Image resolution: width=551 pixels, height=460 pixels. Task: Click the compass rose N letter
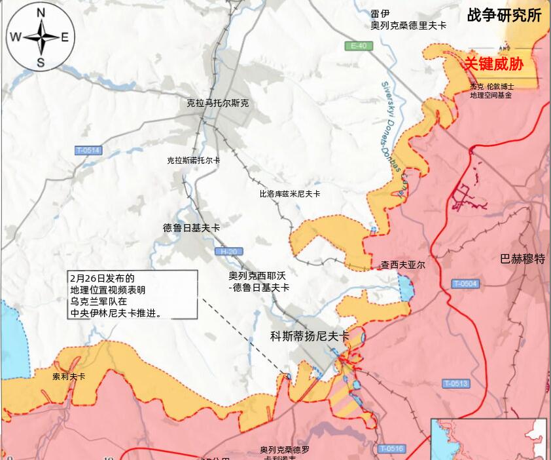41,13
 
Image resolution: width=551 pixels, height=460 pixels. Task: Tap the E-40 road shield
359,46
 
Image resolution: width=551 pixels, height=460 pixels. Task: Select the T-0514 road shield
88,151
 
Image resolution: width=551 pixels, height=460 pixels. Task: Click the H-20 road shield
228,252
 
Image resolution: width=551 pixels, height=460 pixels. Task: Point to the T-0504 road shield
465,284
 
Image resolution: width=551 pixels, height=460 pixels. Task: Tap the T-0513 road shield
455,383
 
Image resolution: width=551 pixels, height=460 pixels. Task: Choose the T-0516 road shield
391,449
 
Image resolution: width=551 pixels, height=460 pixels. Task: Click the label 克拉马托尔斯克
218,104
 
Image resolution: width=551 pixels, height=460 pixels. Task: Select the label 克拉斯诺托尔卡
193,161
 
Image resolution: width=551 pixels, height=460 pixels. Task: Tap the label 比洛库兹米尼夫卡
290,194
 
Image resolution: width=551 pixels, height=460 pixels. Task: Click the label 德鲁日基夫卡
191,228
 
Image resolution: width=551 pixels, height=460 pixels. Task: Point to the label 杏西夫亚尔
403,265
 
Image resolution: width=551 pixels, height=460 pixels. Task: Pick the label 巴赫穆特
522,259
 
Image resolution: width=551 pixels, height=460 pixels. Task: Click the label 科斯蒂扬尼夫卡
310,336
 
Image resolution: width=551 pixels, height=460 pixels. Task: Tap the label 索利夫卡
69,377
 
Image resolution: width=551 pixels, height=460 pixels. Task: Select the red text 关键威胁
494,64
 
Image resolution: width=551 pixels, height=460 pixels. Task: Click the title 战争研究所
504,16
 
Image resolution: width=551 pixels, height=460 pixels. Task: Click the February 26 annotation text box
132,295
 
